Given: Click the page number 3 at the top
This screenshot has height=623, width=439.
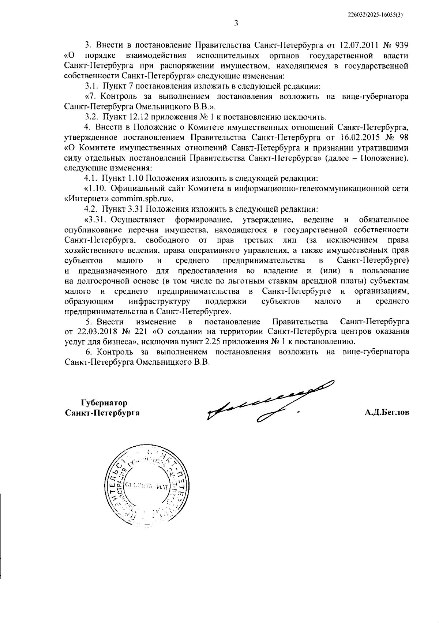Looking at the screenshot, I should tap(236, 24).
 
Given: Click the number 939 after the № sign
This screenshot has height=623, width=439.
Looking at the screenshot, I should tap(401, 45).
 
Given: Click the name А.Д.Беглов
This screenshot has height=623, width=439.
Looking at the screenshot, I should tap(387, 413).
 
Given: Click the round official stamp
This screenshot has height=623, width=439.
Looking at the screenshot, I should tap(146, 486).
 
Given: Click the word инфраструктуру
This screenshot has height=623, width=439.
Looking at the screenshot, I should tap(160, 302).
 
